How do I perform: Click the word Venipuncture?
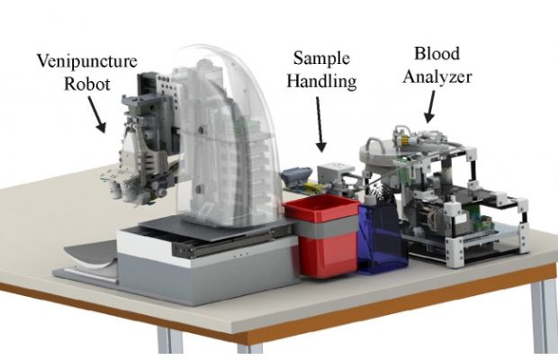87,61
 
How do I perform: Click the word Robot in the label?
87,85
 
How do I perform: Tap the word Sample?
321,58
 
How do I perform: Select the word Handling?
321,81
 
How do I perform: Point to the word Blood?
437,54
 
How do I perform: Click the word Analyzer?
437,76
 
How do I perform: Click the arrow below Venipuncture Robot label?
97,115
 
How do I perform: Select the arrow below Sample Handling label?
320,124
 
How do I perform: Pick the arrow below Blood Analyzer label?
430,107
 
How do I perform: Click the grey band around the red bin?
327,227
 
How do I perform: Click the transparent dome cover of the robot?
228,135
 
